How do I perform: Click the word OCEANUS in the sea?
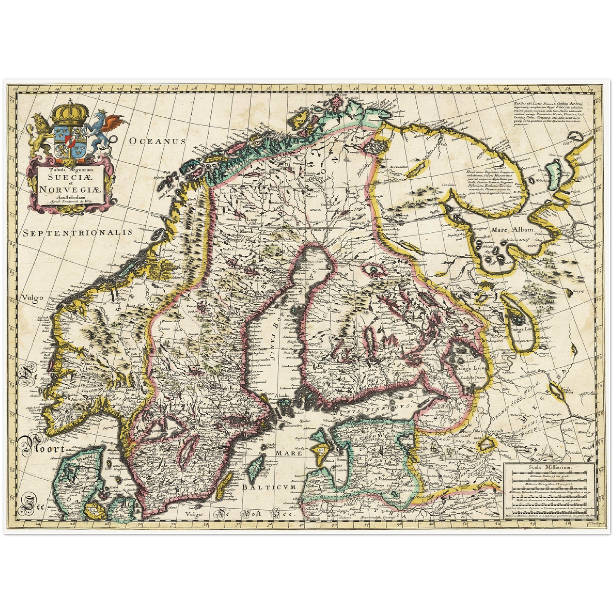coord(158,141)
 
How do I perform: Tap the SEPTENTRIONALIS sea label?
coord(78,232)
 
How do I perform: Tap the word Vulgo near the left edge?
coord(34,297)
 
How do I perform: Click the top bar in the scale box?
coord(549,475)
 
